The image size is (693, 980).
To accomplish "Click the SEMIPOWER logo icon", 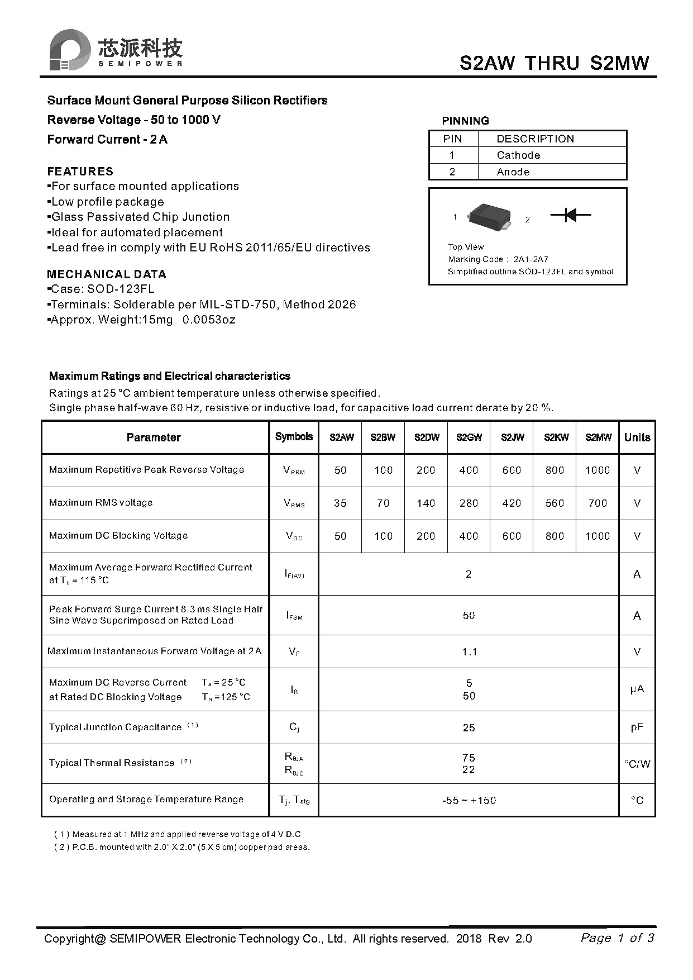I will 69,50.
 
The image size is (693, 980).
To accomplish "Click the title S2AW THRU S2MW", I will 554,63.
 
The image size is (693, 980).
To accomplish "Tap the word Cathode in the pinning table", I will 518,155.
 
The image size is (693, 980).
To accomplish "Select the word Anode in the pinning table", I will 513,172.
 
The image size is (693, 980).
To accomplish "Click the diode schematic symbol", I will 570,215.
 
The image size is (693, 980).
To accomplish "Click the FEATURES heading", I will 80,172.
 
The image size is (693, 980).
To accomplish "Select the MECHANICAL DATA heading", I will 107,274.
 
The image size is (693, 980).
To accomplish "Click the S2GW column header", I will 469,437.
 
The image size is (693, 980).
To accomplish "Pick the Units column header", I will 637,437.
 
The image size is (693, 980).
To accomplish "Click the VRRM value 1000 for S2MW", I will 598,470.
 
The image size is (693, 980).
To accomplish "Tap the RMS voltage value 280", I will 469,503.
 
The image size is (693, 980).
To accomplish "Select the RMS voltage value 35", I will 340,503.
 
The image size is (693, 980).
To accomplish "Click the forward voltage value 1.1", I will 469,652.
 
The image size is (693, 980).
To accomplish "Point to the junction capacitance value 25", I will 469,728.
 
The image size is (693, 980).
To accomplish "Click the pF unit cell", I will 637,727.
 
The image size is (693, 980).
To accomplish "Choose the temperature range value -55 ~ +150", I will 469,801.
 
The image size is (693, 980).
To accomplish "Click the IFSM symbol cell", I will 294,616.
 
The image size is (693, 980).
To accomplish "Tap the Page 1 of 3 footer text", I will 617,938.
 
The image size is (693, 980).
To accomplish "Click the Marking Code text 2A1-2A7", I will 530,259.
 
